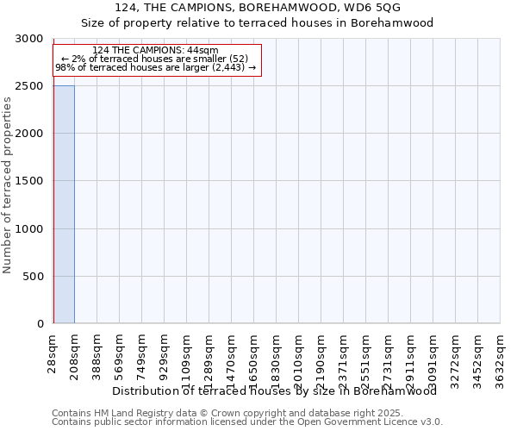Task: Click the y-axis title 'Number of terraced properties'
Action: [9, 185]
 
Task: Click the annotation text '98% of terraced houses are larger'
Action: [155, 67]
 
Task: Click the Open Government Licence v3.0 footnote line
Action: [246, 422]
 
